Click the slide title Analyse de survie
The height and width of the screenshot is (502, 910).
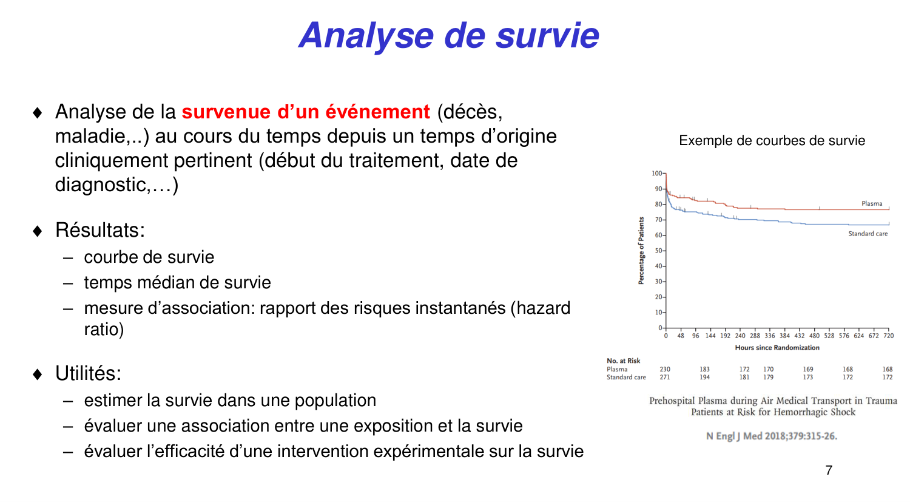click(449, 35)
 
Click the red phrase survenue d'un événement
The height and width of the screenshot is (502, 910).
click(306, 112)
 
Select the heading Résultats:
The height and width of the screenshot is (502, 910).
click(100, 230)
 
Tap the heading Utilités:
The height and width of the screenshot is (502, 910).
click(88, 373)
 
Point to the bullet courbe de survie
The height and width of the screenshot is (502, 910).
click(149, 257)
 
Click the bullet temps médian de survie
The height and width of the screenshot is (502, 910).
click(177, 283)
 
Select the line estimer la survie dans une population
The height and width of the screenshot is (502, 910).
click(230, 401)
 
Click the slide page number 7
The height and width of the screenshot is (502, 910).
click(829, 470)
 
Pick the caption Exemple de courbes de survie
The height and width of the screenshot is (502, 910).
click(772, 141)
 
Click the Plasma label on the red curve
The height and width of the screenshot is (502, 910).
click(872, 204)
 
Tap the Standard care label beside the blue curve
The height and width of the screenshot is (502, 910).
click(868, 234)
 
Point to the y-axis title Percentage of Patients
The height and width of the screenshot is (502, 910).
click(641, 251)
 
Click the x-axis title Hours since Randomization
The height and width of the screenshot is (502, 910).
click(777, 348)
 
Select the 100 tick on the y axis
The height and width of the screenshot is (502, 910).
click(657, 174)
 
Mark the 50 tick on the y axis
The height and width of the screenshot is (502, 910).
click(658, 251)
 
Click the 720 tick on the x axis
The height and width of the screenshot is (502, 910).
click(888, 336)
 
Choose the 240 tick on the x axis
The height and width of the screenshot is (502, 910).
click(740, 336)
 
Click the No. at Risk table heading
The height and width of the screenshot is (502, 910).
click(623, 361)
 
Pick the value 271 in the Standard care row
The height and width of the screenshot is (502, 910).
click(665, 378)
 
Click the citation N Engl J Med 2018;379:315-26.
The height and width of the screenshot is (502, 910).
click(772, 436)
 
